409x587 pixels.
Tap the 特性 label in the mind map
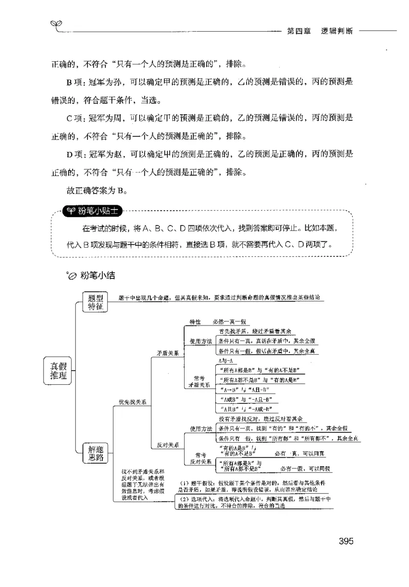tap(195, 322)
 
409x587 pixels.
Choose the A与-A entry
tap(225, 362)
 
